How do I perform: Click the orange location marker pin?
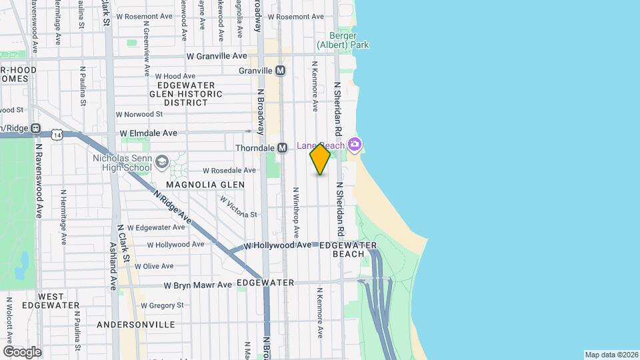tap(320, 159)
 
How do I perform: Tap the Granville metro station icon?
tap(281, 70)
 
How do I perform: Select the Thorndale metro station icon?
tap(282, 147)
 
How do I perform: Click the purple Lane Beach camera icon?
tap(355, 144)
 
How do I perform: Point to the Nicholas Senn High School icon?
tap(162, 162)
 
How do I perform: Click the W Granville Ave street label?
tap(217, 57)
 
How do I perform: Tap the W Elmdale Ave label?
tap(149, 133)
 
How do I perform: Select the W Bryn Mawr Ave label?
tap(198, 285)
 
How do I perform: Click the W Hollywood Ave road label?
tap(277, 245)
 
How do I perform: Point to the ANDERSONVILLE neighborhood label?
tap(136, 325)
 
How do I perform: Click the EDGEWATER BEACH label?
tap(348, 250)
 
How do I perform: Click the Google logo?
tap(22, 351)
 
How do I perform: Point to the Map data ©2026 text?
tap(611, 355)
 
